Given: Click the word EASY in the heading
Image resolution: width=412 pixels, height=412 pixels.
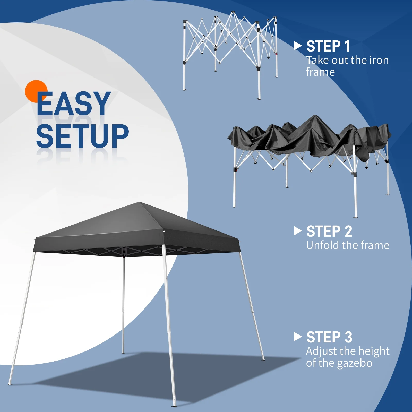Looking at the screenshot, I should pyautogui.click(x=74, y=104).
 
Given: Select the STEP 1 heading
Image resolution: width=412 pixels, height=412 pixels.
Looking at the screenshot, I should pyautogui.click(x=328, y=46).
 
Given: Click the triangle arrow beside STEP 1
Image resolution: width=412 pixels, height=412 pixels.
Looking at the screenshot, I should pyautogui.click(x=297, y=46).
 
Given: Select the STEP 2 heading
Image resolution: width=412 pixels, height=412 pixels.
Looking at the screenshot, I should pyautogui.click(x=329, y=231).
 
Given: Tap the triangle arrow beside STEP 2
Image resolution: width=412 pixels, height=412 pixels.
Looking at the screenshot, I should pyautogui.click(x=297, y=231).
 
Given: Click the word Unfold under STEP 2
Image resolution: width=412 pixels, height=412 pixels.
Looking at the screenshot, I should pyautogui.click(x=322, y=245).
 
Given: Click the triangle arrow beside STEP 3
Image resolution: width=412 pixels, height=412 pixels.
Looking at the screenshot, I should pyautogui.click(x=297, y=337).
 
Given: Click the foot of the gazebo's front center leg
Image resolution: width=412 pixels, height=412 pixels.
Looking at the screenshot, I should pyautogui.click(x=174, y=406).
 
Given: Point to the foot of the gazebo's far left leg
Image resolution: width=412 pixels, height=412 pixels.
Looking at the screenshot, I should pyautogui.click(x=10, y=384).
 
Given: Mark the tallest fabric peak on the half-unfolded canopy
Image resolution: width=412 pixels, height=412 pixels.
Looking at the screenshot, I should pyautogui.click(x=315, y=116).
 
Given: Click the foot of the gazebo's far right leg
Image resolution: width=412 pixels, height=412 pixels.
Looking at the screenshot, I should pyautogui.click(x=263, y=359).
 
